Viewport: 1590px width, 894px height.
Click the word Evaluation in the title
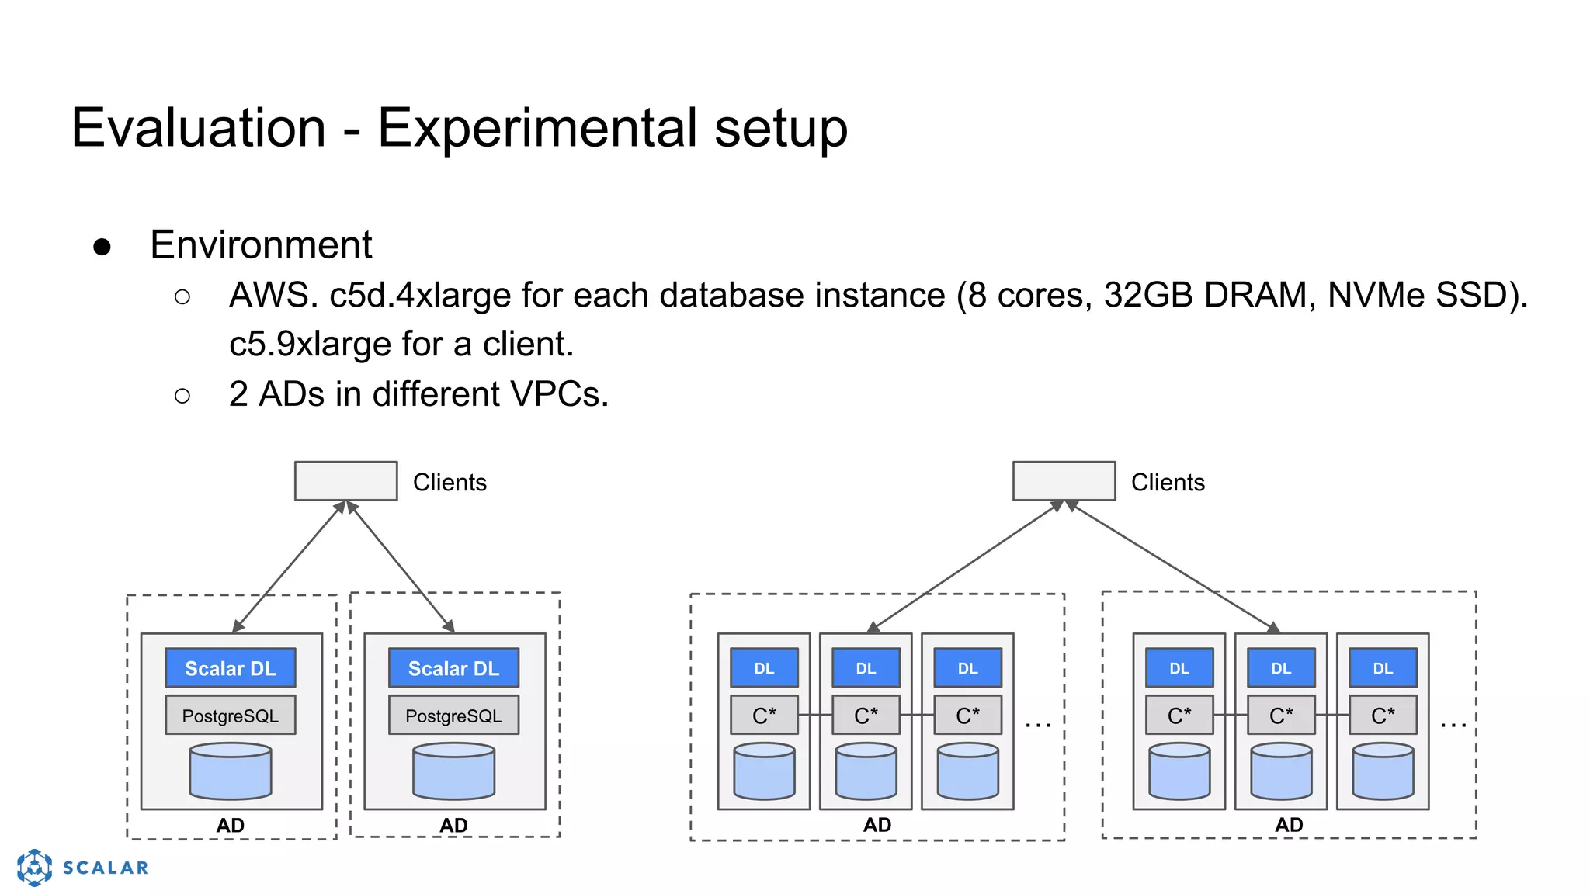pos(198,128)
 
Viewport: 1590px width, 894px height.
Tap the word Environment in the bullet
pos(261,245)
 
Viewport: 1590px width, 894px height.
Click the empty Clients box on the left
pos(345,481)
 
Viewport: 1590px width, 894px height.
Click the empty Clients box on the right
pos(1064,481)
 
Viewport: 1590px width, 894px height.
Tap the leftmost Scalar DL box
pos(231,668)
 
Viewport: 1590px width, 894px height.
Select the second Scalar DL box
pos(453,668)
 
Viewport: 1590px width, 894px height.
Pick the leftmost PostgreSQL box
pos(231,716)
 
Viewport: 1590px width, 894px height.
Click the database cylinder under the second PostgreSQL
pos(453,771)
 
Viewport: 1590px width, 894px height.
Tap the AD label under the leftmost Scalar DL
pos(231,825)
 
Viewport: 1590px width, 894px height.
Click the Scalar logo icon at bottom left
pos(35,867)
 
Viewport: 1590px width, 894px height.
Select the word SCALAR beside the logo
pos(106,868)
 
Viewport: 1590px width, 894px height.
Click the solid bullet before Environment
pos(102,247)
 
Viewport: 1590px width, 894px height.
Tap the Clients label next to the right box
pos(1168,483)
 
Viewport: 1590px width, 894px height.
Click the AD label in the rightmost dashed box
pos(1289,825)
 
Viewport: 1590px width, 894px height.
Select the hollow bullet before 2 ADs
pos(182,397)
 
